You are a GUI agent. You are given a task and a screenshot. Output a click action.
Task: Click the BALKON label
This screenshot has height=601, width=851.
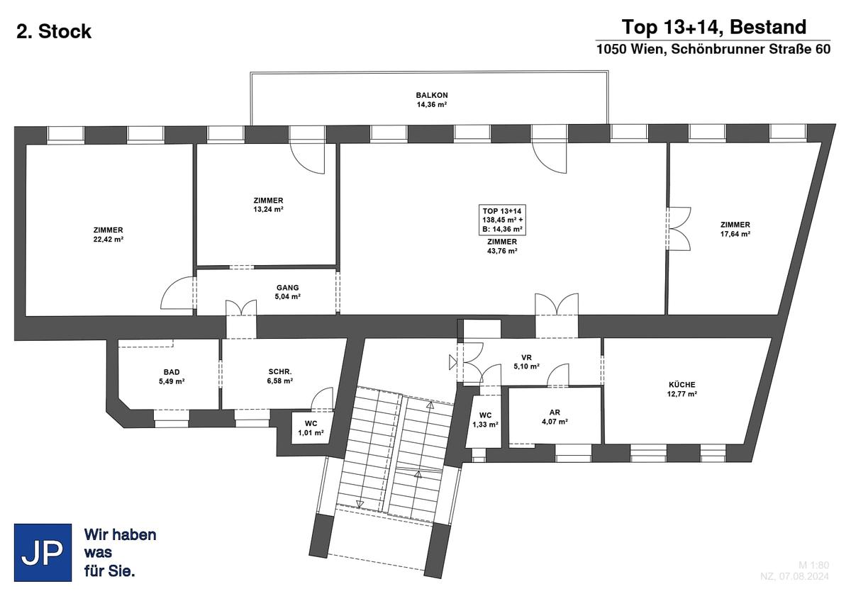[432, 95]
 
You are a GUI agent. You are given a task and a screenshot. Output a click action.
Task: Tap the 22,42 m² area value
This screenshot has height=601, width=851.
[109, 239]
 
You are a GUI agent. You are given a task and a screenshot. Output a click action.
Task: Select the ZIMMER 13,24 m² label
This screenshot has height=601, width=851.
[268, 205]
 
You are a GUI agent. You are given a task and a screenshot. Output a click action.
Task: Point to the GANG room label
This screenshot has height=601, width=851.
[288, 288]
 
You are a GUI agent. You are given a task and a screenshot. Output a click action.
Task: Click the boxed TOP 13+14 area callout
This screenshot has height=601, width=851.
[502, 220]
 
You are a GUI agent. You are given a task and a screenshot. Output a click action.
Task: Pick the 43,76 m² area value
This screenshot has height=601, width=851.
[502, 251]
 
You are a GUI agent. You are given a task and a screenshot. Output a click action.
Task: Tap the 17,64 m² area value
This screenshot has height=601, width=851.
[735, 234]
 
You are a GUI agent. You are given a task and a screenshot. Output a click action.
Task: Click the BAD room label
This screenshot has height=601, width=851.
[172, 372]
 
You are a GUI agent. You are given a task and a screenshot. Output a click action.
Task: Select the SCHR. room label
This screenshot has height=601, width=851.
[280, 372]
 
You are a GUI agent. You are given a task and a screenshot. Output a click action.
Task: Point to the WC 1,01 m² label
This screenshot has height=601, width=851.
[311, 428]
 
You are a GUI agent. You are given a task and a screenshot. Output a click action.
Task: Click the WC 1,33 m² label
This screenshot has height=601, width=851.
[485, 420]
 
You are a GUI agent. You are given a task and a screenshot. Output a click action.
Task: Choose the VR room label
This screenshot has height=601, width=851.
[526, 358]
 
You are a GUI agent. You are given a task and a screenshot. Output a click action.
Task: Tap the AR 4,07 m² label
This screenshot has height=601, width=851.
[555, 417]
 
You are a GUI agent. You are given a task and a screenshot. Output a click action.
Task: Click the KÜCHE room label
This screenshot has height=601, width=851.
[682, 385]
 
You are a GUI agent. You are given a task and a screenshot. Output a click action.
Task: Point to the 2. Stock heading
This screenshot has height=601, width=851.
[54, 31]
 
